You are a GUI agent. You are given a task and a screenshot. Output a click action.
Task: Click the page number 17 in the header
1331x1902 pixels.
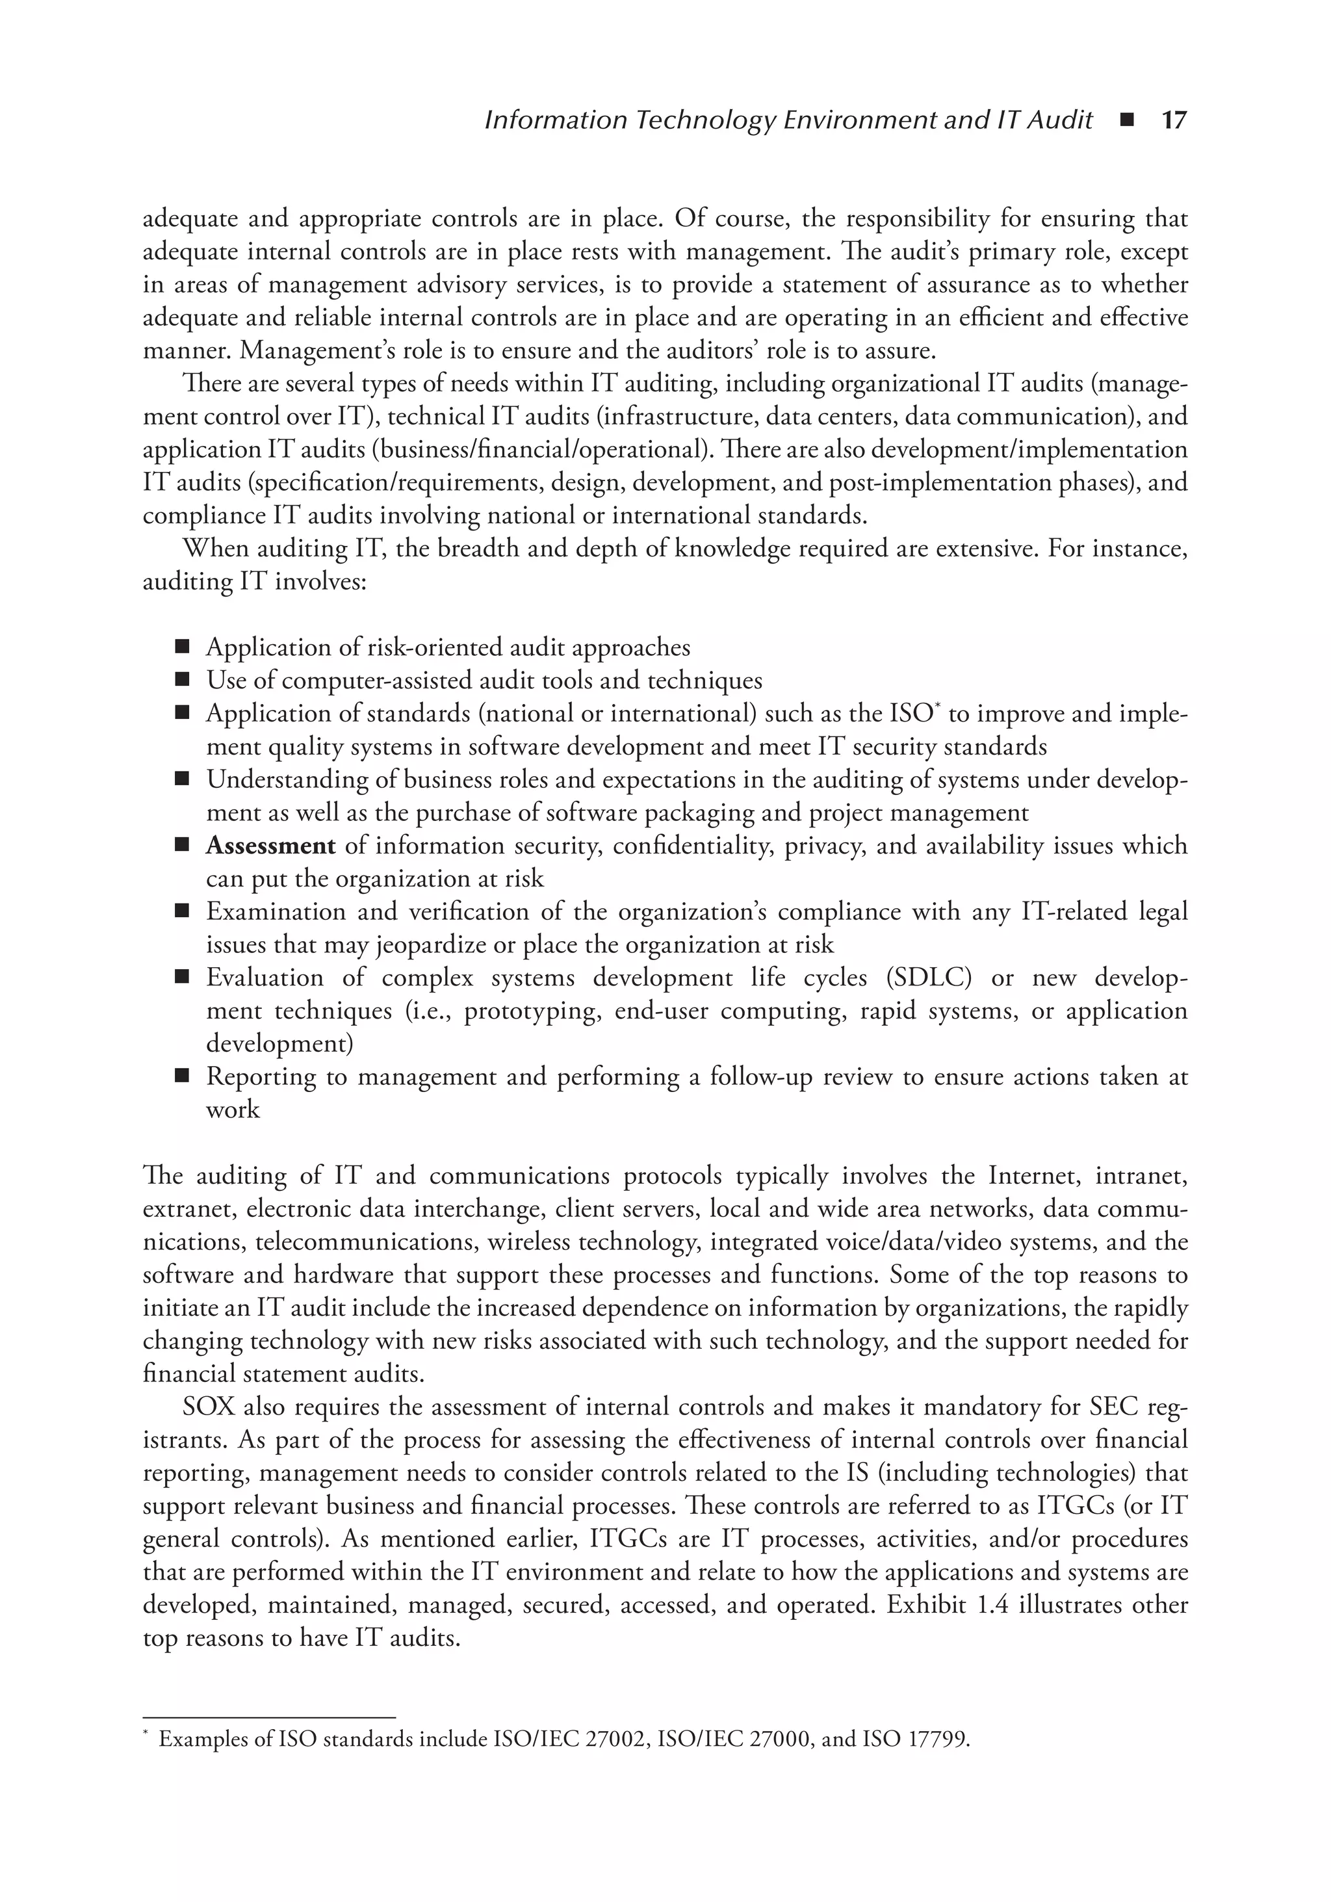(x=1174, y=121)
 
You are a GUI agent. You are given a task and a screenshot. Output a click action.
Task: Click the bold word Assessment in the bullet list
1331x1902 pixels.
(x=270, y=846)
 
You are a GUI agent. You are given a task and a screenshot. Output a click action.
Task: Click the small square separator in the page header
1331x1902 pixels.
(x=1126, y=121)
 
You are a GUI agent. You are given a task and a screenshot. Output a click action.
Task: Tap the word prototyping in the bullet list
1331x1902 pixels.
(x=532, y=1011)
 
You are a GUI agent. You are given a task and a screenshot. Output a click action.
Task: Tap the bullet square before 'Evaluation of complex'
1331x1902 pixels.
(x=182, y=978)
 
